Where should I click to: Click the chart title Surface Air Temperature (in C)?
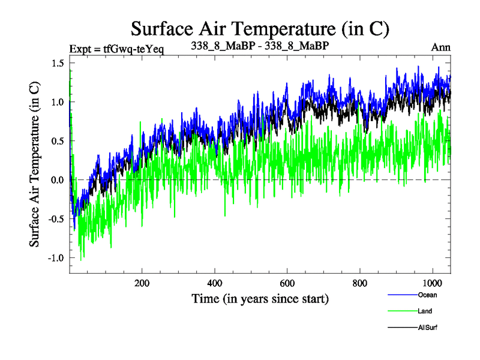click(x=260, y=28)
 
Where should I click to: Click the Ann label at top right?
click(x=441, y=47)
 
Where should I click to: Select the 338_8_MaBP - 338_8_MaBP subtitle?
click(x=260, y=47)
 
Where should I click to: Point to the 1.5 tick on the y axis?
click(x=59, y=64)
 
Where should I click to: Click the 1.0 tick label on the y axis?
click(x=59, y=102)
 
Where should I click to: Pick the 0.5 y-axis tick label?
click(x=59, y=141)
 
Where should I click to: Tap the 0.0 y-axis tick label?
click(x=59, y=180)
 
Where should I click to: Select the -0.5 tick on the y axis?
click(x=57, y=219)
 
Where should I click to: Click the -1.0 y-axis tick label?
click(x=57, y=258)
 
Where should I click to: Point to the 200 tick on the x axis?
click(x=142, y=283)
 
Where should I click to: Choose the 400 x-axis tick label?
click(x=215, y=283)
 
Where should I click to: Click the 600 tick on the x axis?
click(x=287, y=283)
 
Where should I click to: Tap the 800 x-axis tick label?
click(x=360, y=283)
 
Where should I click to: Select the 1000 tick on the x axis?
click(x=432, y=283)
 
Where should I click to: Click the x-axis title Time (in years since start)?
click(x=260, y=298)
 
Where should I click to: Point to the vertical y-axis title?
click(x=36, y=168)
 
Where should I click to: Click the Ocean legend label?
click(x=428, y=295)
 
